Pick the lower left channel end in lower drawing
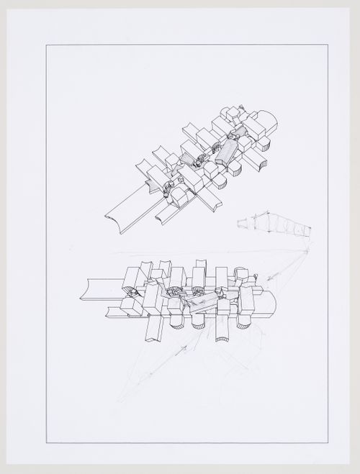110,311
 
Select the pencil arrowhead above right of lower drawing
268,279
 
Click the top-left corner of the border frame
47,45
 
